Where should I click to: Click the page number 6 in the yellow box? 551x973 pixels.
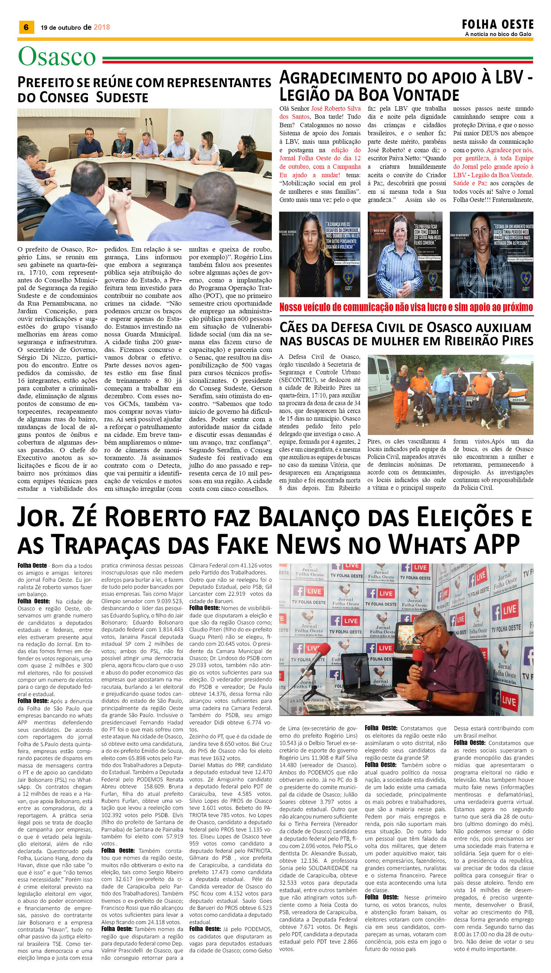[26, 27]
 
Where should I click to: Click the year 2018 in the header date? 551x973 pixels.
[102, 27]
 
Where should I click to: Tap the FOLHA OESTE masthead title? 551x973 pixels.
[497, 25]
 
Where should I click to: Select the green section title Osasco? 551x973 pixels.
[57, 57]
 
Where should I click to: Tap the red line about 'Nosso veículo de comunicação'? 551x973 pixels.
[406, 307]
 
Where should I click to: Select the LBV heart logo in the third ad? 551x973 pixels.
[526, 279]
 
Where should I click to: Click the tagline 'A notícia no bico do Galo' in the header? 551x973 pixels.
[498, 34]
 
